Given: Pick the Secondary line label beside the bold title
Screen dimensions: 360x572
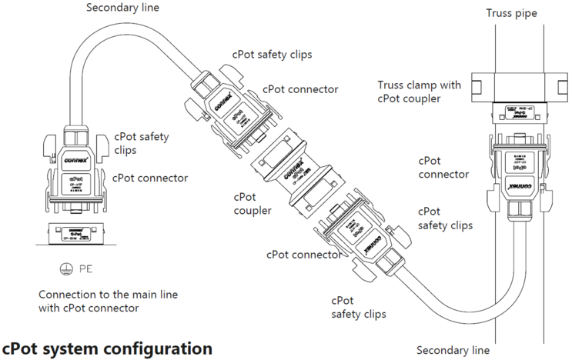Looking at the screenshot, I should [453, 350].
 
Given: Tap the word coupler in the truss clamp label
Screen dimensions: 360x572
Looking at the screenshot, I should [420, 98].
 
